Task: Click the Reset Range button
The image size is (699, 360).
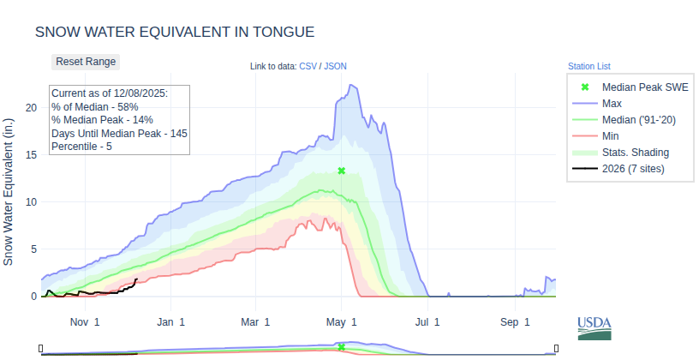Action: click(x=86, y=62)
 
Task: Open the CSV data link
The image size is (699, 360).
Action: click(x=308, y=66)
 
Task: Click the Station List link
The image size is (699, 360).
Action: click(x=588, y=66)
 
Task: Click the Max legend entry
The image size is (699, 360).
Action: click(x=612, y=104)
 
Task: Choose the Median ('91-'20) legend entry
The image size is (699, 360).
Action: click(x=639, y=120)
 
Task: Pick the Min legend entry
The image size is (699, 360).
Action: click(x=611, y=136)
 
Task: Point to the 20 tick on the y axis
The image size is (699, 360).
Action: click(x=31, y=107)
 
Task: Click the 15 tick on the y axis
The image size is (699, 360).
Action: click(x=31, y=154)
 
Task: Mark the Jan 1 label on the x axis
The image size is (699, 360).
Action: click(x=171, y=322)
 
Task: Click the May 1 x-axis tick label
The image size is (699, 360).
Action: click(x=341, y=322)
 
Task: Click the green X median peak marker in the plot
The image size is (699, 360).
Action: click(x=341, y=171)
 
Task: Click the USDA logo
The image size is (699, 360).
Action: click(x=594, y=327)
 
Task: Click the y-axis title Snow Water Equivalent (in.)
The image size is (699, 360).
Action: click(x=9, y=191)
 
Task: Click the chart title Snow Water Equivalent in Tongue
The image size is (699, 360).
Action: click(x=175, y=32)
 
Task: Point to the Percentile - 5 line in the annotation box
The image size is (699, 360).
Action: click(x=81, y=147)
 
